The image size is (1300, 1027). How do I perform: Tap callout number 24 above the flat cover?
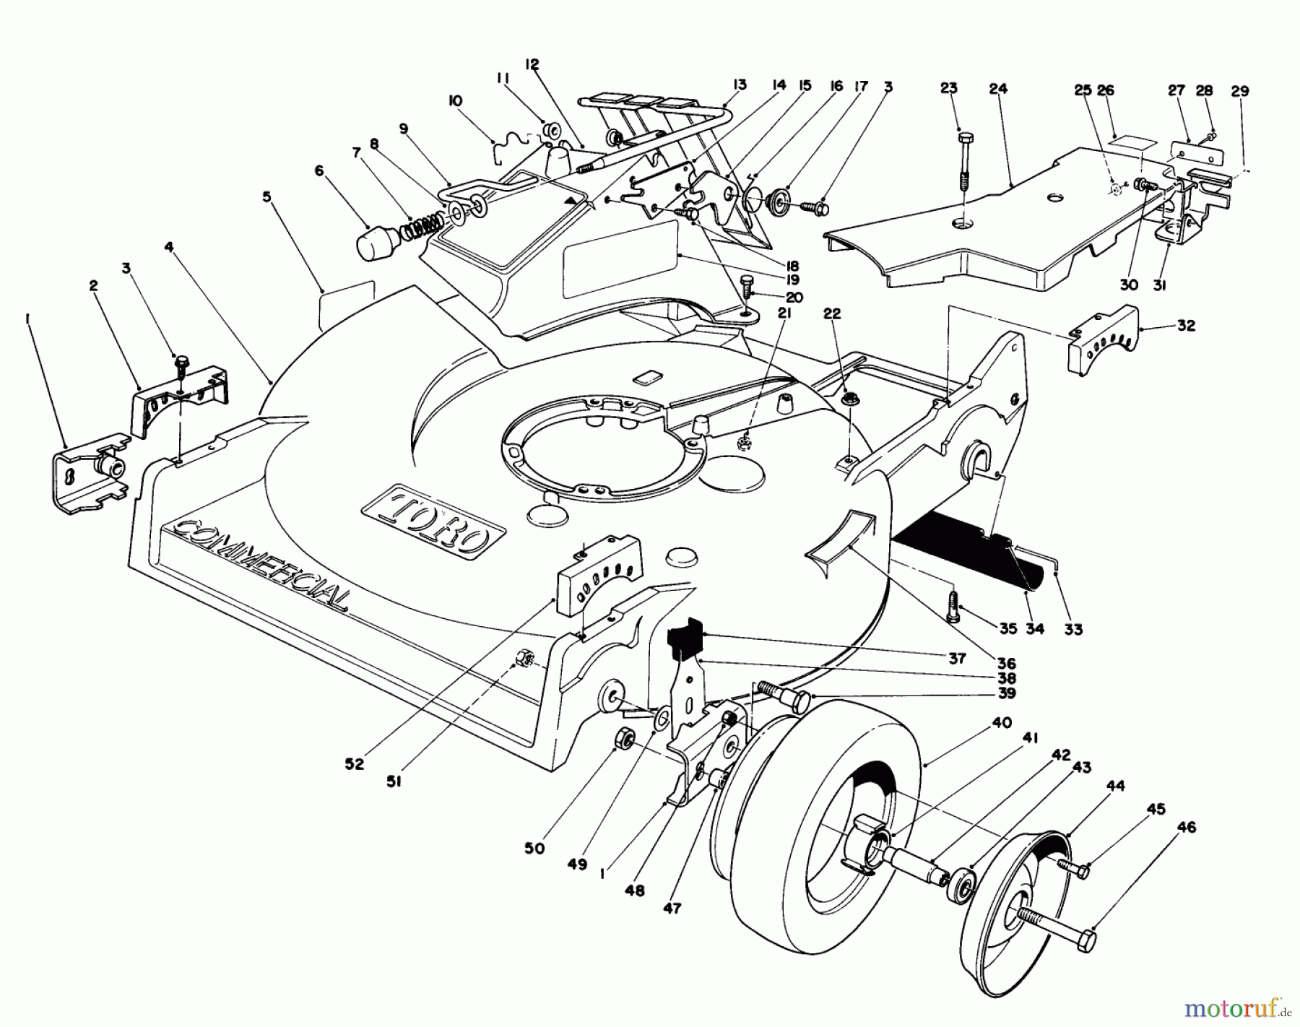[x=998, y=90]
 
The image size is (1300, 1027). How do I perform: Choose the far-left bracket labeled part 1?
[x=90, y=469]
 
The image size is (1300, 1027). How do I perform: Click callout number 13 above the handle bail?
[x=739, y=84]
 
